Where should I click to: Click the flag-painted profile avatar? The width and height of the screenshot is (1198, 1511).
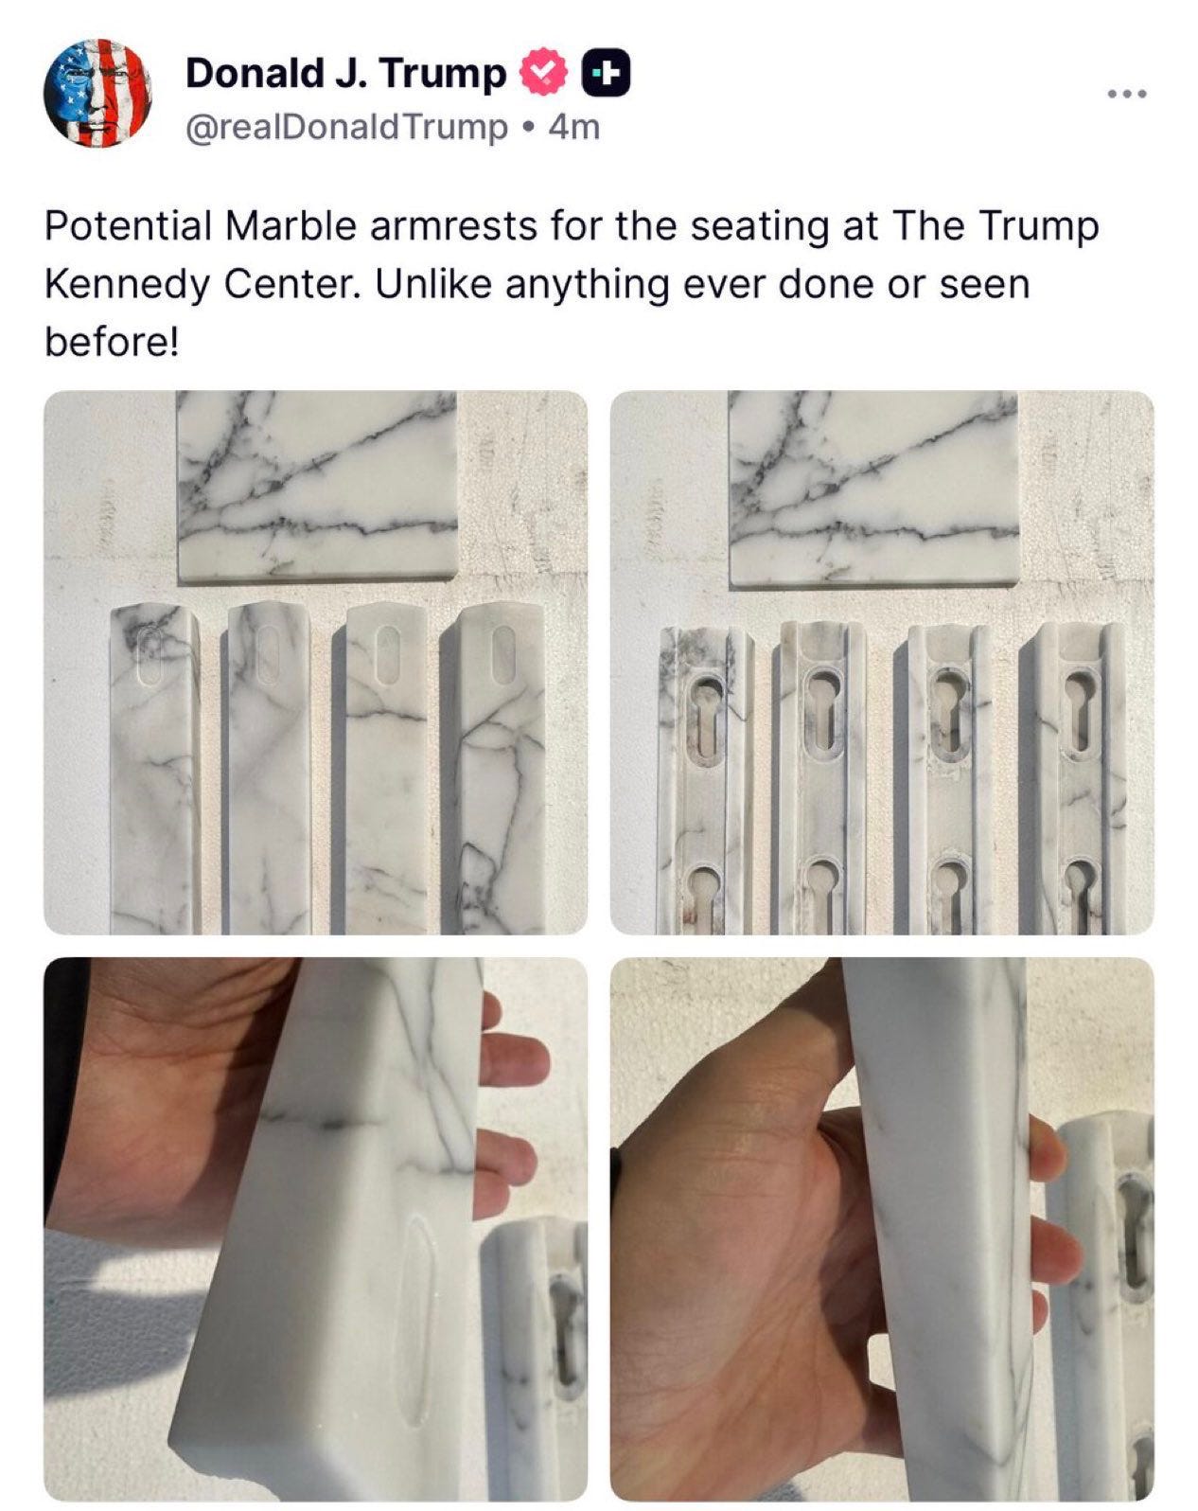click(97, 93)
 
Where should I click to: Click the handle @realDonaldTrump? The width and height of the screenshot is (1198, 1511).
click(346, 128)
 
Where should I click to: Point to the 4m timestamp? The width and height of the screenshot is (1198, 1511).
click(574, 128)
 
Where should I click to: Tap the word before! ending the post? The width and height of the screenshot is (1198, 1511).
click(113, 343)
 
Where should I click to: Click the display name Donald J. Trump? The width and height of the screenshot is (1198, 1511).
click(345, 74)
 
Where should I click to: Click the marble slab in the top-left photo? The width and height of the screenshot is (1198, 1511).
click(316, 485)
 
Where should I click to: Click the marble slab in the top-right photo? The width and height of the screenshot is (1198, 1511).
click(873, 487)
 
